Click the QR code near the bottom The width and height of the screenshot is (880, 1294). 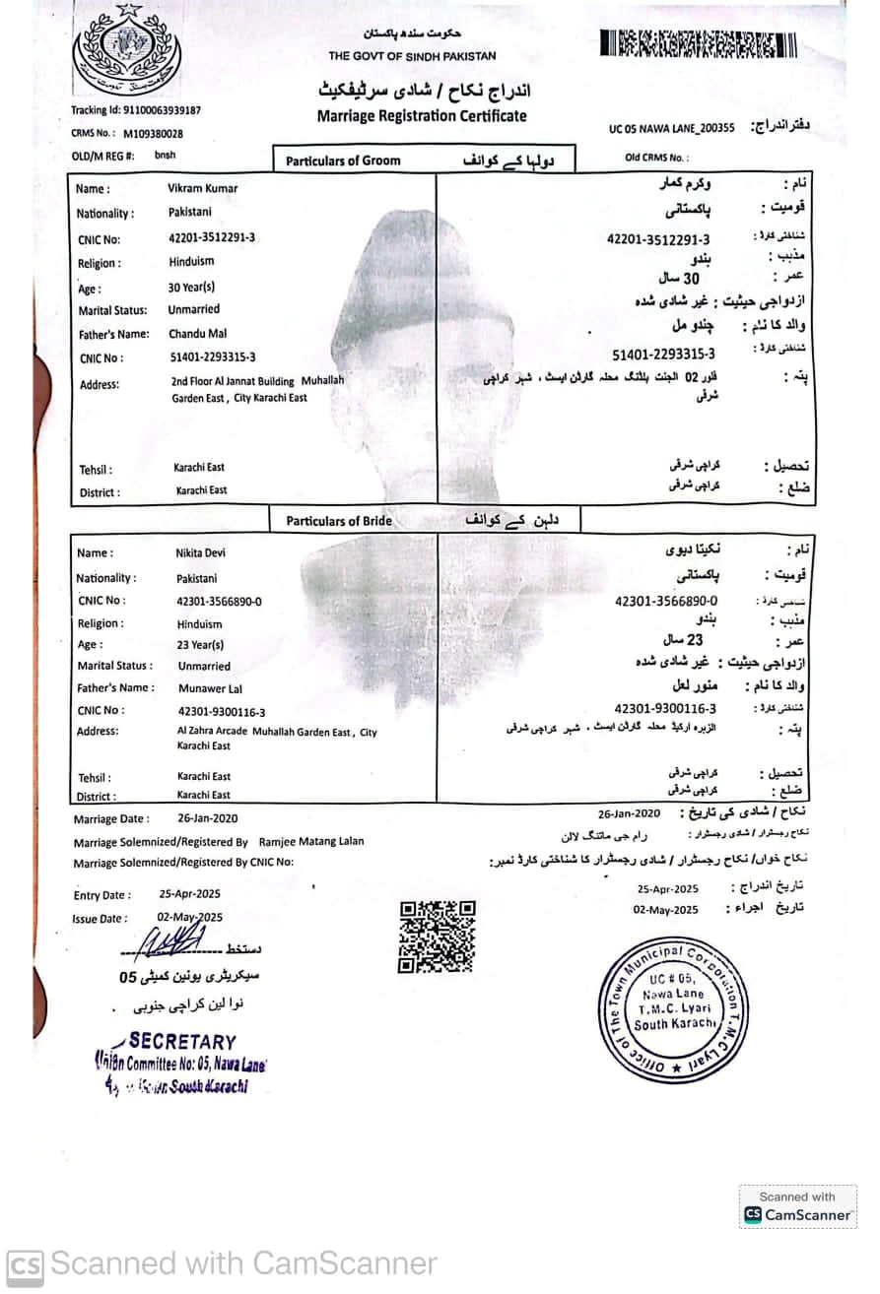point(437,936)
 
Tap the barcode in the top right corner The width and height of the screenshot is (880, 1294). point(699,44)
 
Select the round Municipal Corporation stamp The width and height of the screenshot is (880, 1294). point(672,1009)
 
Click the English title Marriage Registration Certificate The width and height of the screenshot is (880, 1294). point(422,116)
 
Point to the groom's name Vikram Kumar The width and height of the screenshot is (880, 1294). point(202,188)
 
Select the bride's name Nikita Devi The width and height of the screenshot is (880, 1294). point(200,552)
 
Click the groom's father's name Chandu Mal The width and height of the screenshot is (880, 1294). point(198,334)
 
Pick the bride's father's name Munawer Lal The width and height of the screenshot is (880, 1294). point(210,688)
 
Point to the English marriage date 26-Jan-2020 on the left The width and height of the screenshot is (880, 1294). point(207,818)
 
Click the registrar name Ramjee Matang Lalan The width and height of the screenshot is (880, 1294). point(311,841)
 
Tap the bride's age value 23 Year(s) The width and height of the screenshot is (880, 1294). point(200,645)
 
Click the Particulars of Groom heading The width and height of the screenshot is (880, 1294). point(343,161)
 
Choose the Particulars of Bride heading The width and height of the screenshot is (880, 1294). point(339,521)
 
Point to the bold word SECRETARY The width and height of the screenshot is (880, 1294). point(182,1041)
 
